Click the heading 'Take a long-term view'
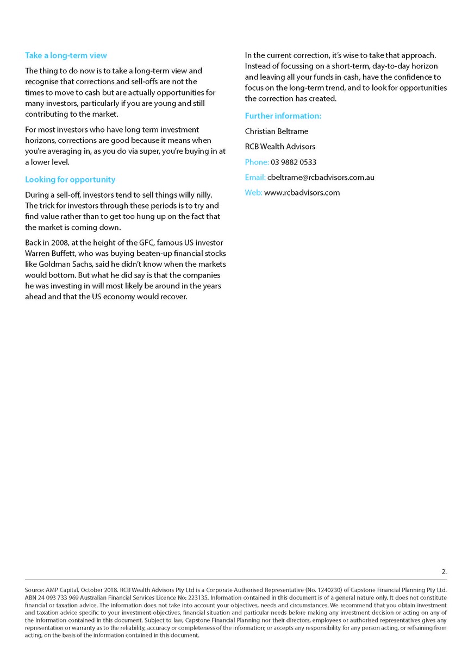[66, 55]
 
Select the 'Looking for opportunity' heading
[70, 179]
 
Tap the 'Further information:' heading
[283, 116]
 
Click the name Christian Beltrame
[277, 131]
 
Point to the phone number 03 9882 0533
[294, 162]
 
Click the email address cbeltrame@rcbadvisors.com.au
[321, 177]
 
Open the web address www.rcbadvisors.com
[302, 192]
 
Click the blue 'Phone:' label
[257, 162]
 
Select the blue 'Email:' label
[255, 177]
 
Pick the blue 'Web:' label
[253, 192]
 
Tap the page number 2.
[444, 571]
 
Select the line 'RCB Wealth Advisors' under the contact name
[280, 146]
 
